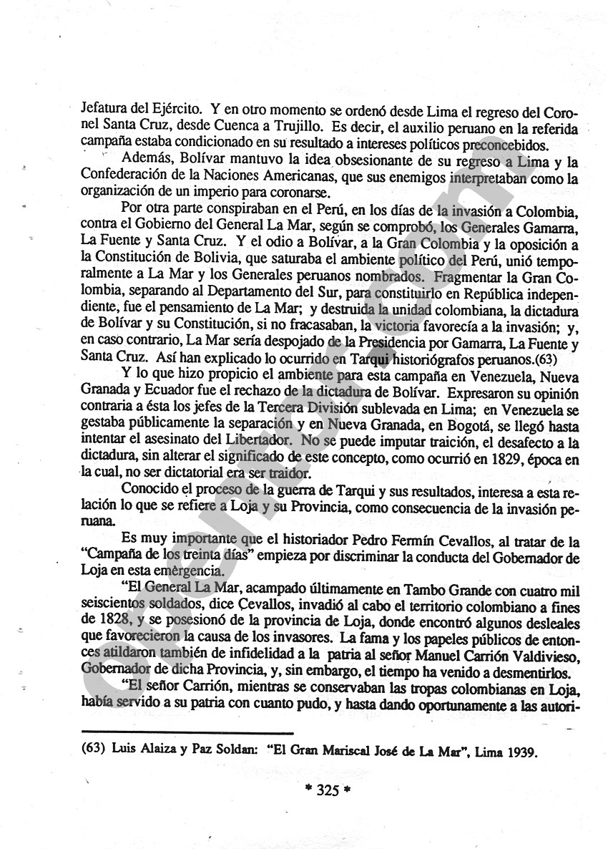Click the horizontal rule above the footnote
point(187,733)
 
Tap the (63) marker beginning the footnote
point(94,753)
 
